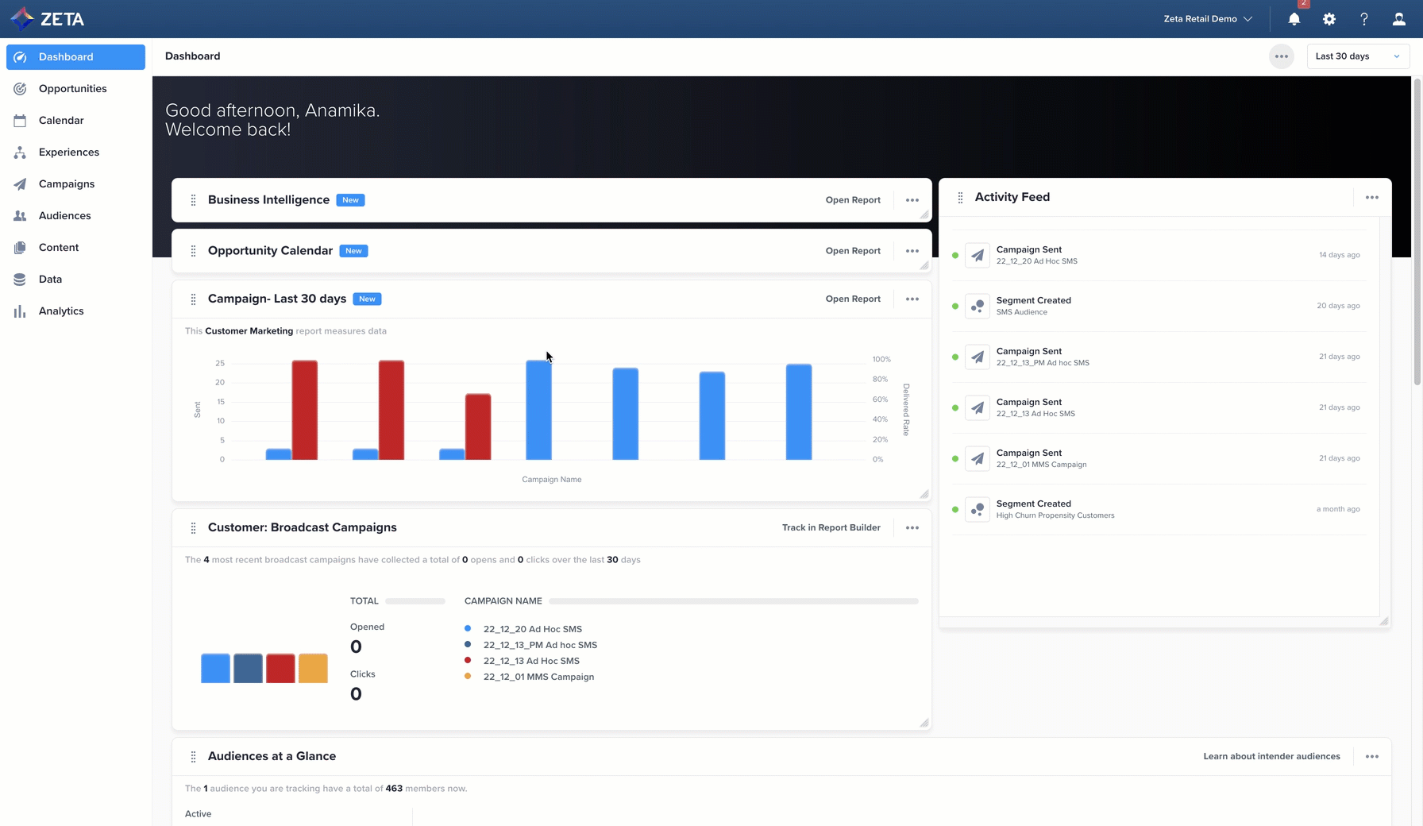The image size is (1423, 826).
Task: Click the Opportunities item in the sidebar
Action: [x=72, y=89]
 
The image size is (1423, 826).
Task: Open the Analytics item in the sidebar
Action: [x=61, y=311]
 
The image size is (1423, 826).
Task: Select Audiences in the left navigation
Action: [x=64, y=216]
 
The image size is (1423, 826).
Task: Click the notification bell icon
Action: [x=1294, y=19]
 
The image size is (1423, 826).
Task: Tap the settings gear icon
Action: [x=1329, y=19]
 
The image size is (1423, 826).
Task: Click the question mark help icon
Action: [x=1364, y=19]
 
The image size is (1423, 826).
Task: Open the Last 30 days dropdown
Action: [x=1357, y=56]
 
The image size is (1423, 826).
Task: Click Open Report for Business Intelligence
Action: [x=853, y=200]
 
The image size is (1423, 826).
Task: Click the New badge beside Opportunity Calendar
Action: [x=353, y=251]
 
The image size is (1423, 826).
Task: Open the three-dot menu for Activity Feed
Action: [x=1372, y=198]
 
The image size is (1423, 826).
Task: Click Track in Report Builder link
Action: [x=831, y=527]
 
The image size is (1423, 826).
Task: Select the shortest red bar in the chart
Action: [x=478, y=427]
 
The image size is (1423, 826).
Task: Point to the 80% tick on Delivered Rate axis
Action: [x=880, y=380]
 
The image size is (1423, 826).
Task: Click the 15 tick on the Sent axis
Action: [x=220, y=402]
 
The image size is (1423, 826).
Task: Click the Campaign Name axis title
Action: [x=551, y=480]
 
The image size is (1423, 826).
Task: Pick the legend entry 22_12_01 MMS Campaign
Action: [x=538, y=677]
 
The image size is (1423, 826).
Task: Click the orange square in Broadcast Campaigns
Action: [x=313, y=668]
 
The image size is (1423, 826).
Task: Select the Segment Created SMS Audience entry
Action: [x=1033, y=306]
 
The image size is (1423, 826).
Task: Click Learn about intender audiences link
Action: [x=1271, y=756]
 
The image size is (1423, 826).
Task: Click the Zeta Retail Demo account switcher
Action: [x=1207, y=19]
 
